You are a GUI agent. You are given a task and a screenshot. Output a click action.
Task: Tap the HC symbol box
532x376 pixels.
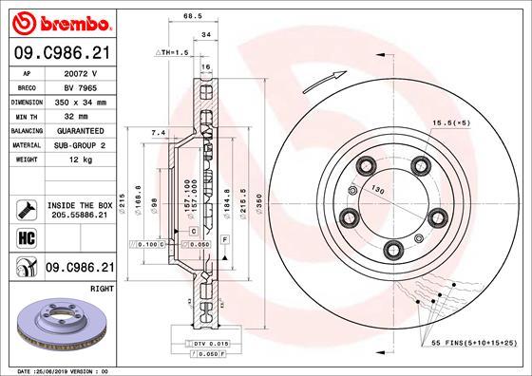tap(24, 236)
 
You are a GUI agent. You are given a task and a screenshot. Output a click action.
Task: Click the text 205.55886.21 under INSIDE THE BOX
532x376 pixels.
tap(79, 216)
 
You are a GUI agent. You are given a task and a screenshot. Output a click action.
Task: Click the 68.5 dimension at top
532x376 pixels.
tap(194, 16)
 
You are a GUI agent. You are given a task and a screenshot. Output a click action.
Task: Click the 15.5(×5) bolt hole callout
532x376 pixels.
tap(453, 122)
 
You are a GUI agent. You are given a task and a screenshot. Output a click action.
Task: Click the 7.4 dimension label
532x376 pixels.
tap(158, 133)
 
